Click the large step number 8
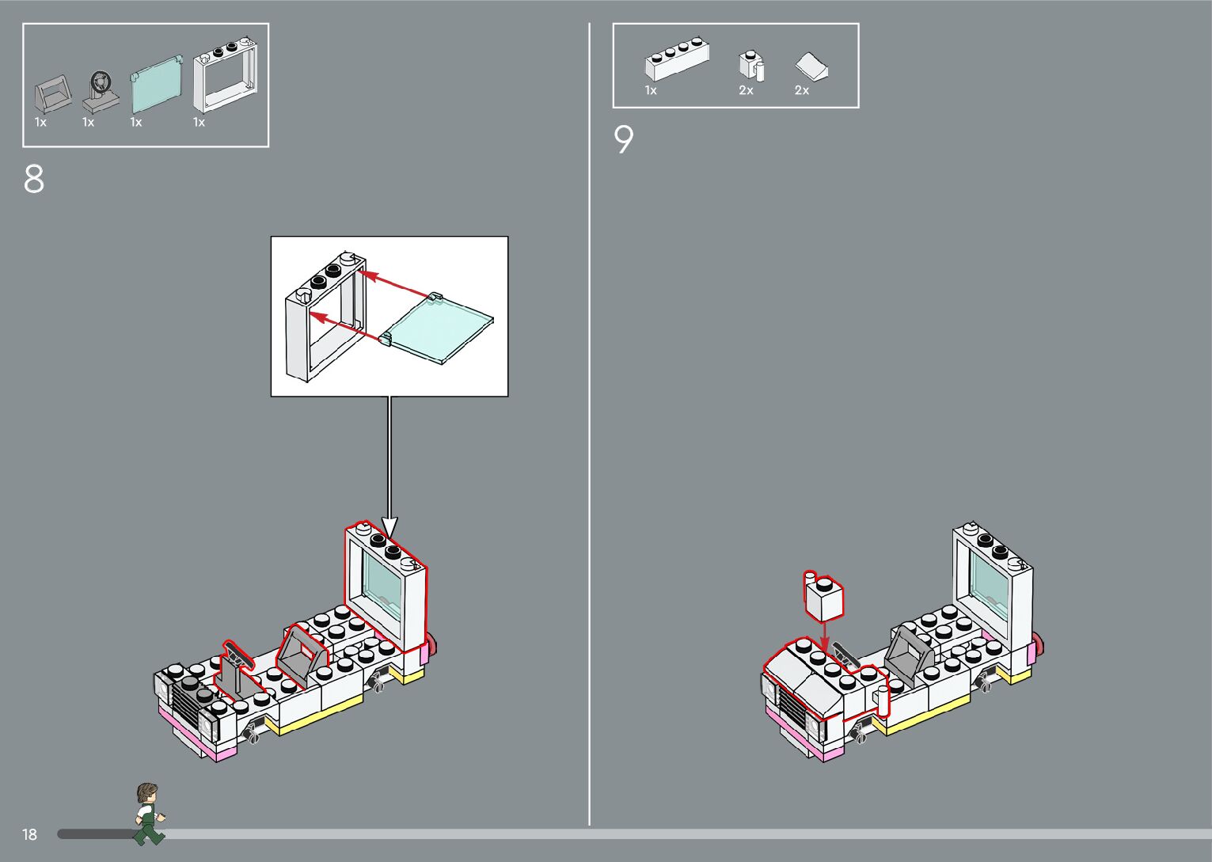(34, 180)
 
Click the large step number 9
(624, 140)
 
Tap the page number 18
(29, 834)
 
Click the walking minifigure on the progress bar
(147, 813)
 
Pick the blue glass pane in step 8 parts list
(156, 82)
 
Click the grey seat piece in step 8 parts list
(53, 96)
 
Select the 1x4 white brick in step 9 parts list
(677, 60)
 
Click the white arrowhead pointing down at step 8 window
(389, 527)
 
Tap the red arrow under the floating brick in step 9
(824, 634)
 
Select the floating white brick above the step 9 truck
(823, 597)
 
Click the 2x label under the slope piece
(802, 91)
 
